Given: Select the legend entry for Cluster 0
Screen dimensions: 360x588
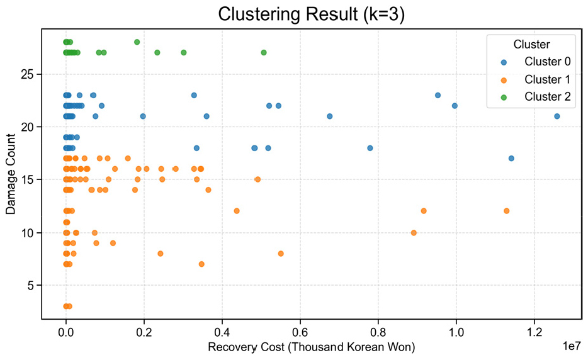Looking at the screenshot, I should pyautogui.click(x=547, y=62).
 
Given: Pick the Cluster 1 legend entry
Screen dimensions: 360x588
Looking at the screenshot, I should pyautogui.click(x=547, y=79).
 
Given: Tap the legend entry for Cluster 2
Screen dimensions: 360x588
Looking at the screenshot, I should pyautogui.click(x=547, y=96).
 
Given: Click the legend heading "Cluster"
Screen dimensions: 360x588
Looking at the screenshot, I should pyautogui.click(x=532, y=45).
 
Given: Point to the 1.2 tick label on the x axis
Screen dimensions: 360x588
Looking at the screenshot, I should pyautogui.click(x=534, y=331).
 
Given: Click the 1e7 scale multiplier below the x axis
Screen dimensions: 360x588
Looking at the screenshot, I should pyautogui.click(x=570, y=346).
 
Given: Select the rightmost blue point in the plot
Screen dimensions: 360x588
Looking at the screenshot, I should pyautogui.click(x=557, y=116).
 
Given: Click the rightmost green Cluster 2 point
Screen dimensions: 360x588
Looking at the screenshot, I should pyautogui.click(x=263, y=52).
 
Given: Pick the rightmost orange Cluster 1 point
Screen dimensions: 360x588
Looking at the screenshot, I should pyautogui.click(x=506, y=211).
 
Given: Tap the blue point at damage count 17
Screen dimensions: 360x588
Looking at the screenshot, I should pyautogui.click(x=511, y=159).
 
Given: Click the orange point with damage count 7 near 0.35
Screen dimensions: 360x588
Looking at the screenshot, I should pyautogui.click(x=201, y=264).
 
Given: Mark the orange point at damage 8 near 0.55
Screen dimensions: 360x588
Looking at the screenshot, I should pyautogui.click(x=281, y=254).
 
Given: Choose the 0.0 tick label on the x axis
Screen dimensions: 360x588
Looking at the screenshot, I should pyautogui.click(x=66, y=331).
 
